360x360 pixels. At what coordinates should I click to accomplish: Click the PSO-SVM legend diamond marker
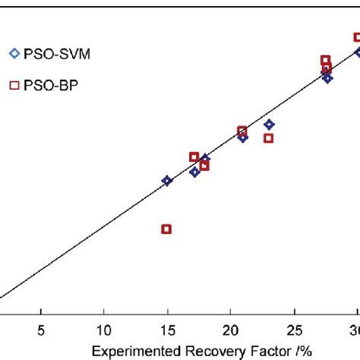tap(13, 53)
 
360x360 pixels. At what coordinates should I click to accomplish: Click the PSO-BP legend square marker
tap(13, 85)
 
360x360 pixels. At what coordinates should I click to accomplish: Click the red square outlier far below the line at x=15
tap(166, 229)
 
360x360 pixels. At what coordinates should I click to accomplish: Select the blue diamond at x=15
tap(167, 181)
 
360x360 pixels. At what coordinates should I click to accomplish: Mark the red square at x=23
tap(268, 138)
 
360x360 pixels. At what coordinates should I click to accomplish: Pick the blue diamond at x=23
tap(269, 125)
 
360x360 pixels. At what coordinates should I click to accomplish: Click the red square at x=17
tap(194, 156)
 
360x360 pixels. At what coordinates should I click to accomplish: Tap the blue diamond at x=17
tap(194, 172)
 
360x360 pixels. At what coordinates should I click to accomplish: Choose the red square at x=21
tap(242, 131)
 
